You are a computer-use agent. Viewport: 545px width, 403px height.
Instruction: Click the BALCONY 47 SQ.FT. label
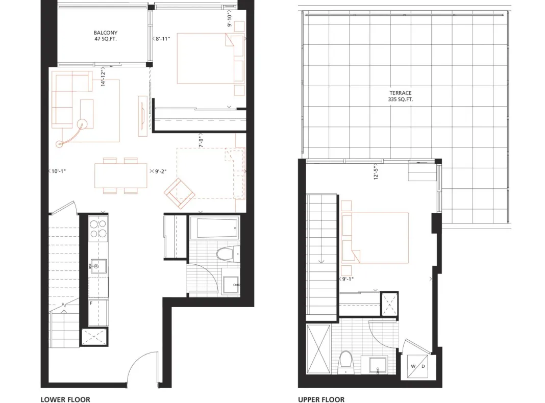pyautogui.click(x=106, y=36)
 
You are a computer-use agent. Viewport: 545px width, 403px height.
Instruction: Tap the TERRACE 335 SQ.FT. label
pyautogui.click(x=401, y=96)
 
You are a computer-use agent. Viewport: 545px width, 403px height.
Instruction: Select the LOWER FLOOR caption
pyautogui.click(x=65, y=399)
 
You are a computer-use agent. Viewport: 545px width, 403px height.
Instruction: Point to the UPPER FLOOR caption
pyautogui.click(x=321, y=399)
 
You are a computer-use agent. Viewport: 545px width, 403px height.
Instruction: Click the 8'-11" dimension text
pyautogui.click(x=162, y=39)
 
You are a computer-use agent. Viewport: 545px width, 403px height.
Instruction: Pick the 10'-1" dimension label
pyautogui.click(x=58, y=171)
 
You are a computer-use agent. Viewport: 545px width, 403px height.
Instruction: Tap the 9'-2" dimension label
pyautogui.click(x=161, y=171)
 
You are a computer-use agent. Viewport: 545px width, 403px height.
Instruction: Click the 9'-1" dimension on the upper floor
pyautogui.click(x=348, y=279)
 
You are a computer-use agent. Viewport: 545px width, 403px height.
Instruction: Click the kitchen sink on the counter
pyautogui.click(x=98, y=266)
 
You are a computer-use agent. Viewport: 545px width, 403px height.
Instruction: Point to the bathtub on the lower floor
pyautogui.click(x=214, y=228)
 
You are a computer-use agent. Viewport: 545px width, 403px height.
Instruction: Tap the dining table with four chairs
pyautogui.click(x=120, y=176)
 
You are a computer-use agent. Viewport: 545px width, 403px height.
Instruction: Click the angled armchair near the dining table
pyautogui.click(x=179, y=193)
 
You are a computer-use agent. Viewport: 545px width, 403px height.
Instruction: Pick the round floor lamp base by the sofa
pyautogui.click(x=82, y=124)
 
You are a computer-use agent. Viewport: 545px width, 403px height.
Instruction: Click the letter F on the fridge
pyautogui.click(x=91, y=304)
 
